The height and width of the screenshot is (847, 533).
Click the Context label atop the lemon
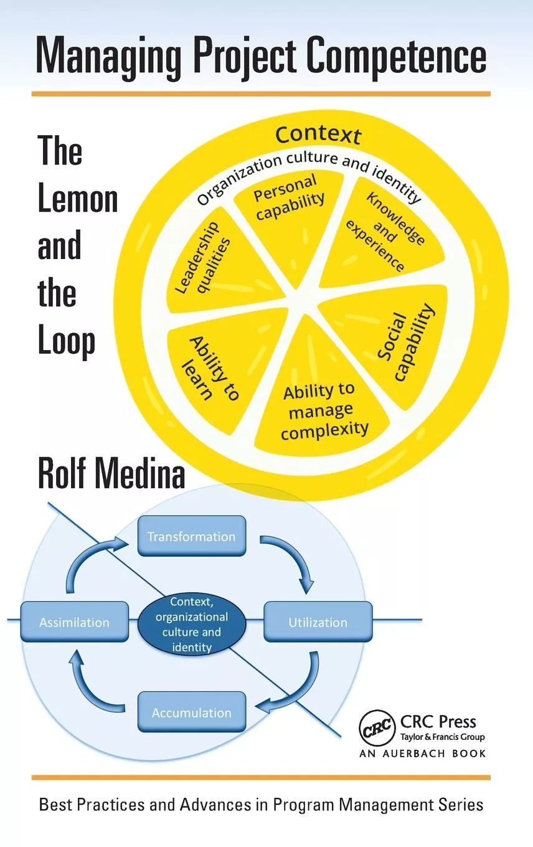pyautogui.click(x=318, y=134)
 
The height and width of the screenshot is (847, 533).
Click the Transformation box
pyautogui.click(x=191, y=536)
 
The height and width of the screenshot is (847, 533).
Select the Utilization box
pyautogui.click(x=318, y=622)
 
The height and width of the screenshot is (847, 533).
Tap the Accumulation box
pyautogui.click(x=191, y=712)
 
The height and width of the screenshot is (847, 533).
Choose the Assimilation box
pyautogui.click(x=74, y=622)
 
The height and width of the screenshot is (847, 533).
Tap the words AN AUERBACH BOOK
pyautogui.click(x=422, y=753)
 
